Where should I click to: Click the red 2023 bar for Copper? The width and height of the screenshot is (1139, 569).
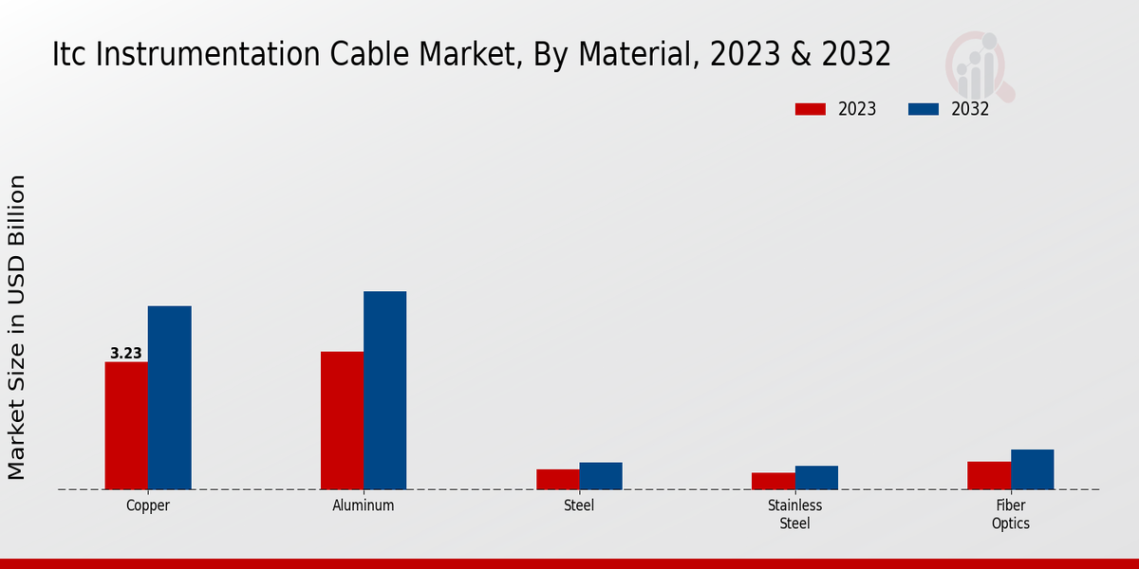(x=126, y=426)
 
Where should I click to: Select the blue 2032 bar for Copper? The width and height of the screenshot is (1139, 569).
(x=169, y=398)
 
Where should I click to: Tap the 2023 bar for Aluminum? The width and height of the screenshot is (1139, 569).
(x=342, y=421)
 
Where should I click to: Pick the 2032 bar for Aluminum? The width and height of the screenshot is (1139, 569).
(x=384, y=391)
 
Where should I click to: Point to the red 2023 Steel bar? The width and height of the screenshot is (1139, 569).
(x=557, y=480)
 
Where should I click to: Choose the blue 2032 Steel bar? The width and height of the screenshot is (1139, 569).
(x=601, y=476)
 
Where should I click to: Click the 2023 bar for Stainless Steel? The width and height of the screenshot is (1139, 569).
(x=773, y=482)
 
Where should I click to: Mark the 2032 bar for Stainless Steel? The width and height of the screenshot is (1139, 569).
(x=816, y=478)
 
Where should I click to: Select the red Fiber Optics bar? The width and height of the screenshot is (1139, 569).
(x=988, y=476)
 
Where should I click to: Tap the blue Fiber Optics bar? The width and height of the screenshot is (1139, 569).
(x=1032, y=469)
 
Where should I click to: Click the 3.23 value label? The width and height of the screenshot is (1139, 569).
(x=126, y=354)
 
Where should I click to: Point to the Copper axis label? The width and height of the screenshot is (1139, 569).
(x=148, y=505)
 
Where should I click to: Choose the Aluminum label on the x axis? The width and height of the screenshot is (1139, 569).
(x=364, y=505)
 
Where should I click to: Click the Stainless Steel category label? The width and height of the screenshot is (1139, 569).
(x=794, y=514)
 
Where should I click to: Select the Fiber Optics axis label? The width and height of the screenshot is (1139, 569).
(x=1010, y=514)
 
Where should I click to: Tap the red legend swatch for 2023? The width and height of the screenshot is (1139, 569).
(x=810, y=109)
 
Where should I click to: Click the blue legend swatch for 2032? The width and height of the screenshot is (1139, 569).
(x=923, y=109)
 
